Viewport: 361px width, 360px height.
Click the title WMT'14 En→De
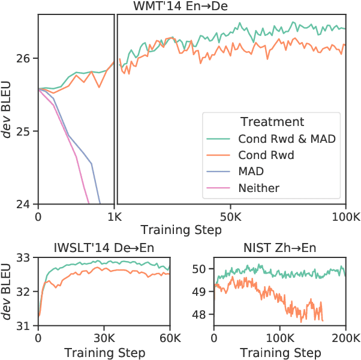coord(192,6)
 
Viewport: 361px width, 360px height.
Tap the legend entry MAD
coord(251,172)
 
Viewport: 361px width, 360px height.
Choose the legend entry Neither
coord(258,188)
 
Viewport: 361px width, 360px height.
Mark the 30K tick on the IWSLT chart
coord(104,338)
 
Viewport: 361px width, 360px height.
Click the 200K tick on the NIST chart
coord(345,338)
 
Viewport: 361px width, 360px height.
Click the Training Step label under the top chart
coord(174,230)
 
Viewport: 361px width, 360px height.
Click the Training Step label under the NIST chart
coord(280,352)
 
